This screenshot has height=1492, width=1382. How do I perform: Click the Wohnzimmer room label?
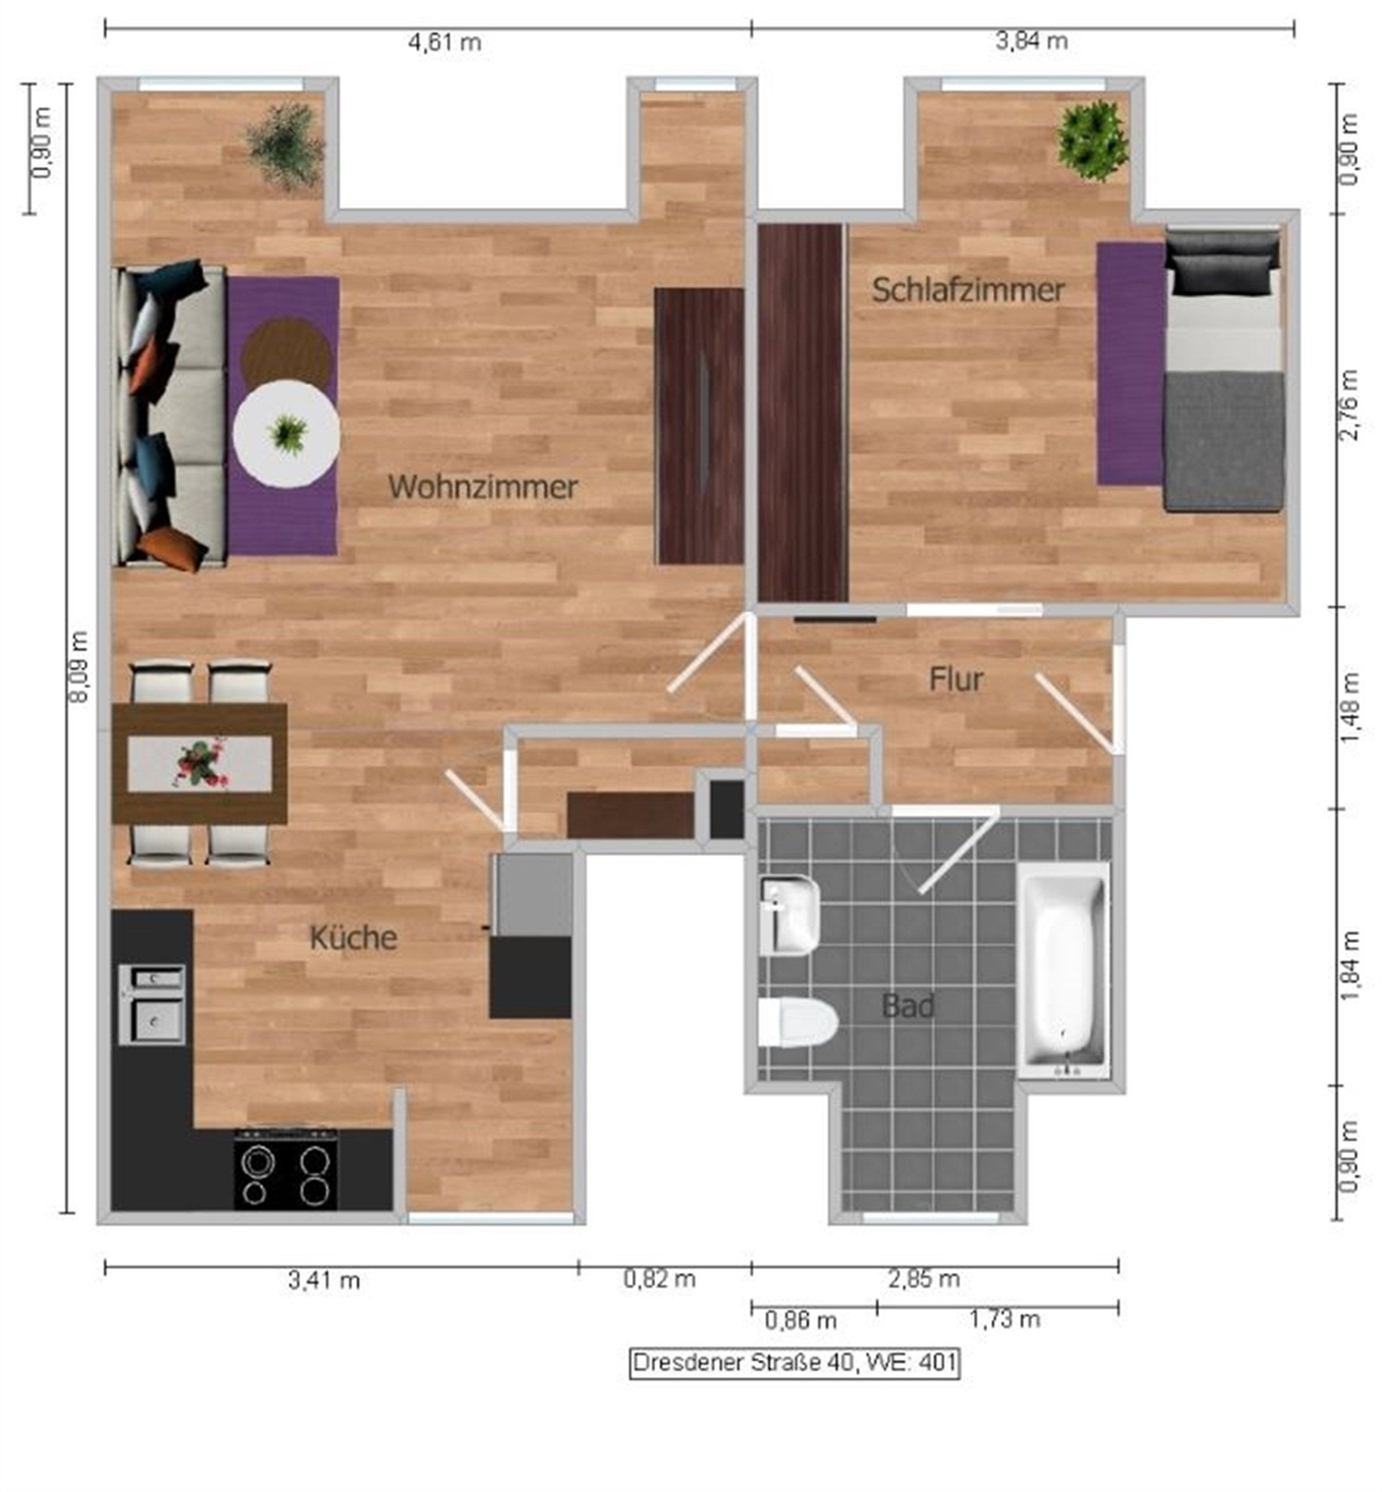[483, 487]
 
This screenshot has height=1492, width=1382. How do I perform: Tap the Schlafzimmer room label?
[968, 290]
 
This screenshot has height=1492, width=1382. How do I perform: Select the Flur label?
[956, 679]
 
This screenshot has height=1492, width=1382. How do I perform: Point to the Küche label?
[353, 938]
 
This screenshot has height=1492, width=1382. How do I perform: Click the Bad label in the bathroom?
[908, 1006]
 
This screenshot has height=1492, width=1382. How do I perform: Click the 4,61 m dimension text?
[444, 42]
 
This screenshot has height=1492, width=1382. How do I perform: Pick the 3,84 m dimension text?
[1031, 41]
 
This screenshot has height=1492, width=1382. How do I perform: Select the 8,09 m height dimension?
[79, 666]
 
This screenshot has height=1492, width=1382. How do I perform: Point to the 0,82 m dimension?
[660, 1279]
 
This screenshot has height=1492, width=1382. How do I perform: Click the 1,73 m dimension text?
[1005, 1319]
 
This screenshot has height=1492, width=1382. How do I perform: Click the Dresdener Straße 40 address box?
[794, 1363]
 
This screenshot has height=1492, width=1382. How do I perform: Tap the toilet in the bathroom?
[797, 1022]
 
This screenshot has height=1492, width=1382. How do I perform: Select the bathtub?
[1064, 971]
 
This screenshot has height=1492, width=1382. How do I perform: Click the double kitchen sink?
[153, 1004]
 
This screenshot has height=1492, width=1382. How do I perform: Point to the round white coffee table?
[285, 434]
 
